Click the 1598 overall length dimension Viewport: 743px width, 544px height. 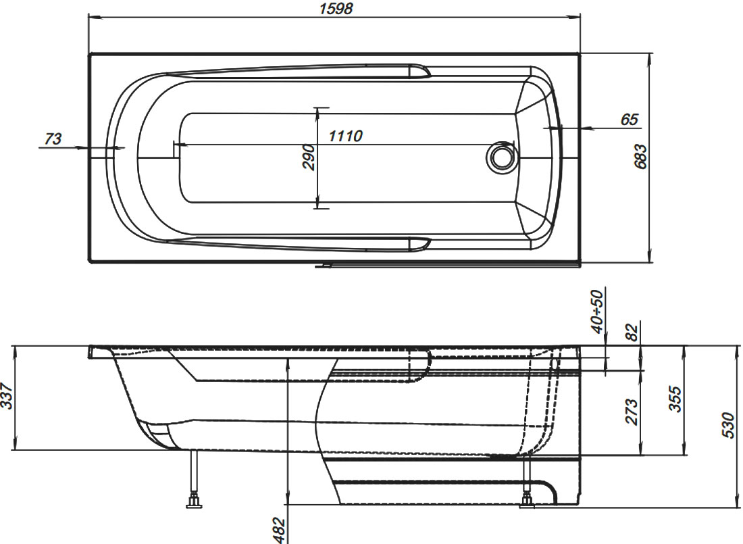coord(336,9)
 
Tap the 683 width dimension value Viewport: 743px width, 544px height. coord(640,157)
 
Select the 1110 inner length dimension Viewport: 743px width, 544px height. coord(345,136)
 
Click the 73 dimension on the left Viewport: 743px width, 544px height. coord(53,139)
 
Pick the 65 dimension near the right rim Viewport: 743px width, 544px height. coord(630,119)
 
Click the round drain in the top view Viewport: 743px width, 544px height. coord(501,155)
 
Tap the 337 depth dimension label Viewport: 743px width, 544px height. coord(7,396)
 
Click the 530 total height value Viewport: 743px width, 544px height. coord(729,426)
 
